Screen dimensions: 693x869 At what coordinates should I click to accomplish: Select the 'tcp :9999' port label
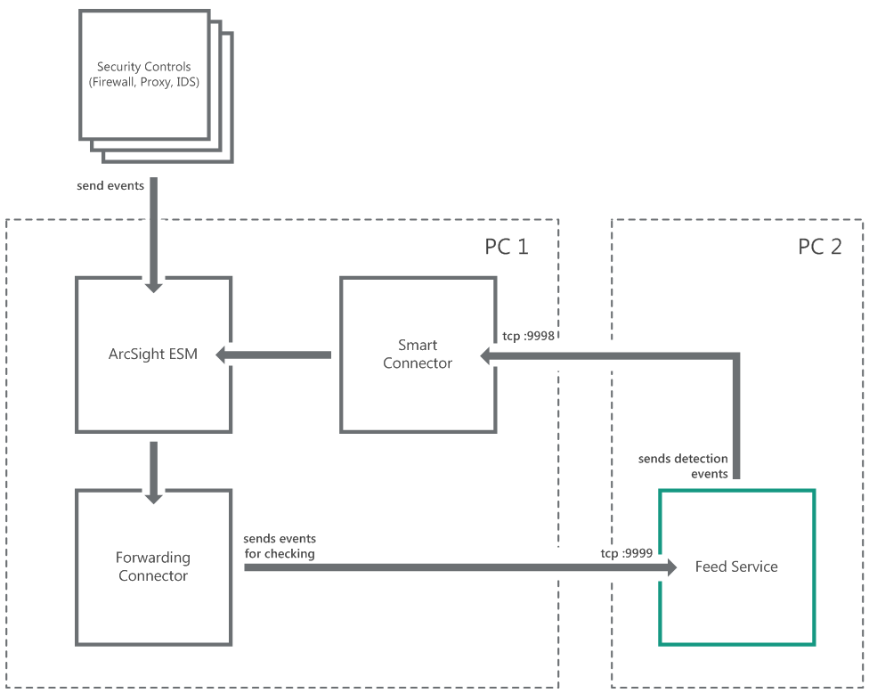pyautogui.click(x=626, y=552)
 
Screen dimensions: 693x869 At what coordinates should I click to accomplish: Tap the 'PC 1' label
pyautogui.click(x=507, y=247)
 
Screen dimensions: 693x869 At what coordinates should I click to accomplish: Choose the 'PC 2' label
pyautogui.click(x=819, y=247)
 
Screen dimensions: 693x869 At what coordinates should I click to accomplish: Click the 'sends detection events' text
pyautogui.click(x=683, y=466)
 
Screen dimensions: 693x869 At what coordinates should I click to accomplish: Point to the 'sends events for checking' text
pyautogui.click(x=280, y=546)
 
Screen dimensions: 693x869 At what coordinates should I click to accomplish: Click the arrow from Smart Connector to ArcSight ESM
pyautogui.click(x=276, y=355)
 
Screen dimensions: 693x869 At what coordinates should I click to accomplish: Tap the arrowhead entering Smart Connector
pyautogui.click(x=489, y=356)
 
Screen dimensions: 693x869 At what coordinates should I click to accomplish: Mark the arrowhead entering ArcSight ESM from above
pyautogui.click(x=153, y=284)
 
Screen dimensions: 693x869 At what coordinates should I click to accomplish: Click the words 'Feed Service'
pyautogui.click(x=736, y=567)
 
